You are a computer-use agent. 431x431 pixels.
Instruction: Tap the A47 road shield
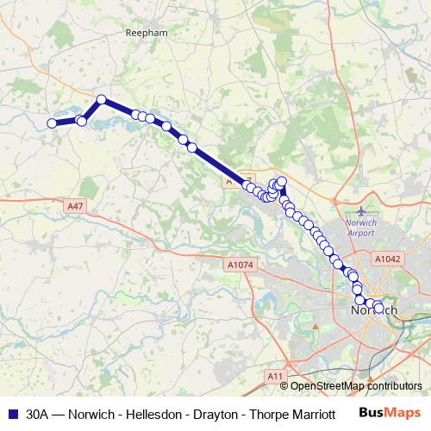[x=74, y=207]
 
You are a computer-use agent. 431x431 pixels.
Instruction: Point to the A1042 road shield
[x=387, y=258]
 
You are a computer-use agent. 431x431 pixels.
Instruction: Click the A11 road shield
[x=275, y=377]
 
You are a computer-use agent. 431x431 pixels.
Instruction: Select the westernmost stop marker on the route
[x=52, y=123]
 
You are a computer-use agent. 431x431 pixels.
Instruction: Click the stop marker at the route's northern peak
[x=101, y=99]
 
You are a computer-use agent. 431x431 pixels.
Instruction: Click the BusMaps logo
[x=390, y=413]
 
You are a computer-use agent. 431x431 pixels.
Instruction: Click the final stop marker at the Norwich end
[x=378, y=307]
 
